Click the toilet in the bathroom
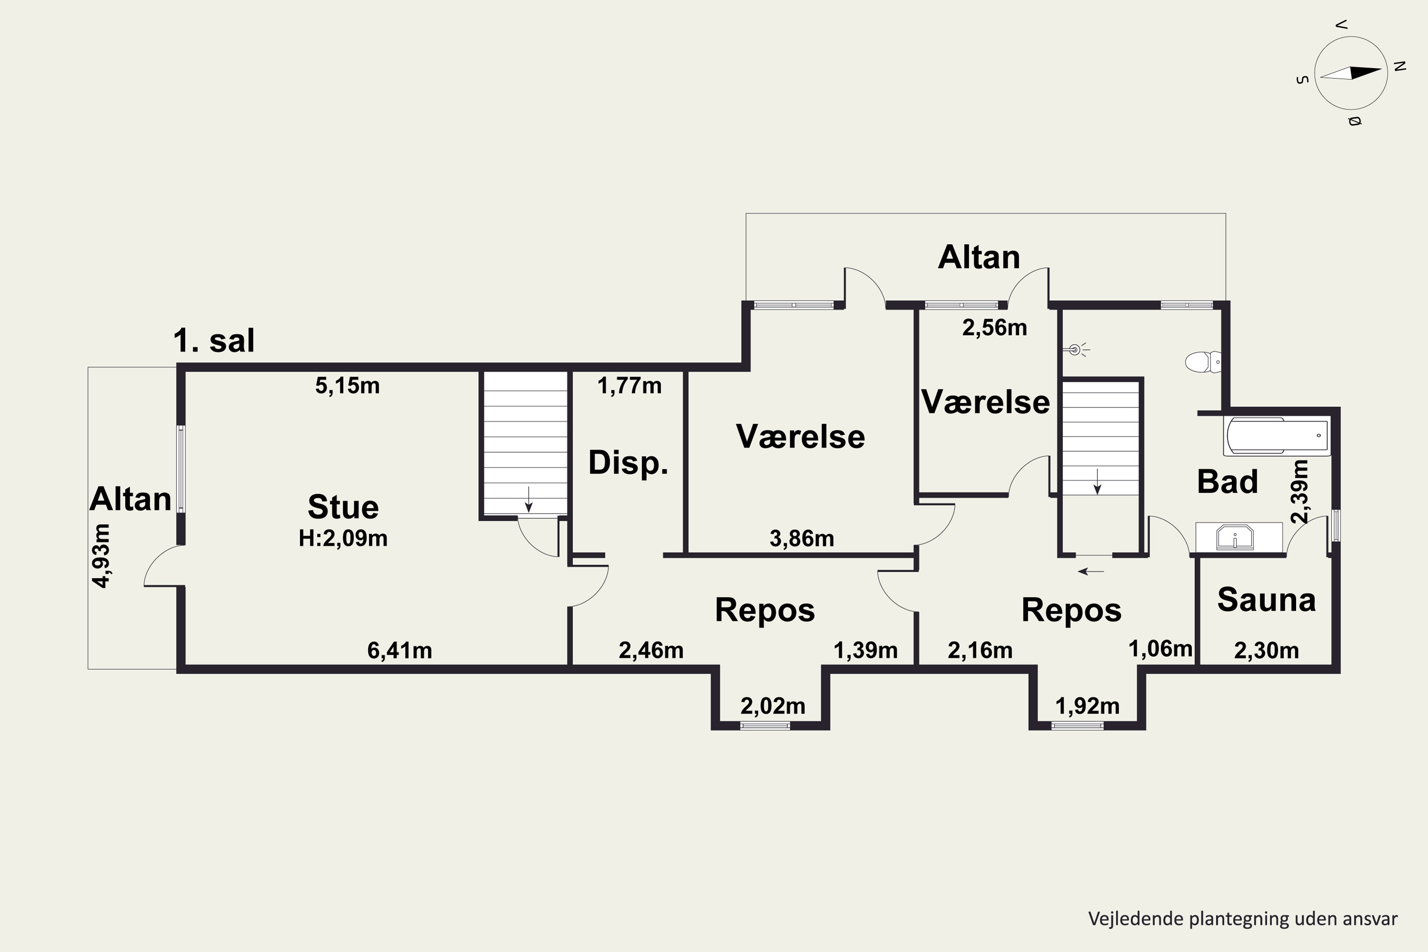[x=1203, y=362]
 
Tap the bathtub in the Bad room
[x=1277, y=436]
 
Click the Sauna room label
[x=1267, y=599]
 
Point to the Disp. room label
[x=628, y=463]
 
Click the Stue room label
[x=343, y=507]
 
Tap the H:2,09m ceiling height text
[x=343, y=538]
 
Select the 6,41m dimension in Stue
[x=399, y=650]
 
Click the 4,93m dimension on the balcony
[x=101, y=555]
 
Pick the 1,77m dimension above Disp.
[x=630, y=386]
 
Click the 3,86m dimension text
[x=802, y=538]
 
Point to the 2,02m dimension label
[x=773, y=706]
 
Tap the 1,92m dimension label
[x=1087, y=706]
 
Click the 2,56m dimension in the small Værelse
[x=994, y=328]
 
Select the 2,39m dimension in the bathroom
[x=1300, y=491]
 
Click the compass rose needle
[x=1351, y=73]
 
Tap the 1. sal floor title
[x=214, y=341]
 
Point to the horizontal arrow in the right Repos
[x=1091, y=571]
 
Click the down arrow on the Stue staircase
[x=529, y=499]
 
